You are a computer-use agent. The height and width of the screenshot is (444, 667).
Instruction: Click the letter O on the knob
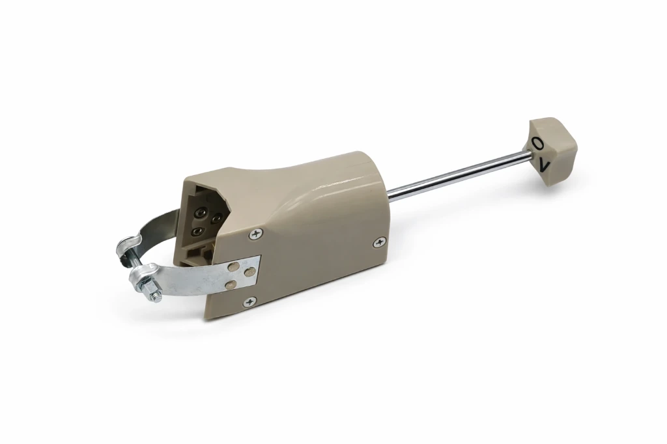point(537,143)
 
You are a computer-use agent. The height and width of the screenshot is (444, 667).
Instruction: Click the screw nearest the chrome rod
point(379,243)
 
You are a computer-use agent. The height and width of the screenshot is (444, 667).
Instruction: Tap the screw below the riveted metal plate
point(249,301)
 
